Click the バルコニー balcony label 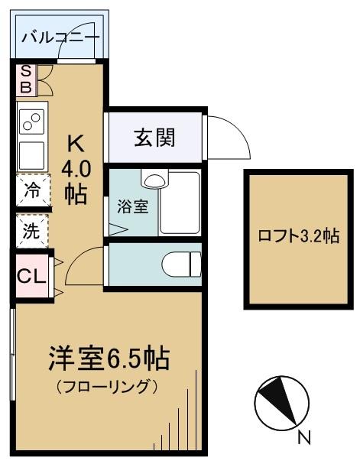tap(60, 36)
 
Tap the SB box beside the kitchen tap(25, 79)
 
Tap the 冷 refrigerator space tap(32, 190)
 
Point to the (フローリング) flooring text tap(108, 385)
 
